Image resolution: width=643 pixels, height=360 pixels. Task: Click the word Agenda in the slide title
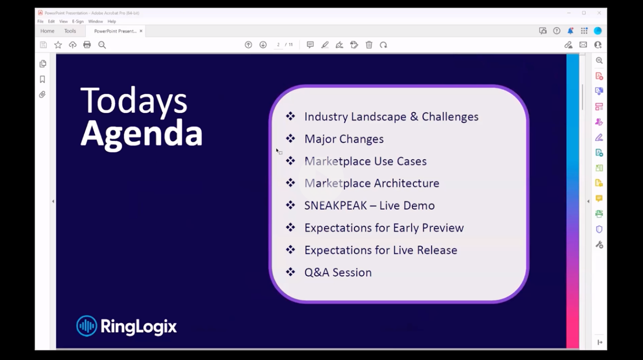click(141, 133)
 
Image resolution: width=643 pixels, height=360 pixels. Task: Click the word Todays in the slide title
click(134, 101)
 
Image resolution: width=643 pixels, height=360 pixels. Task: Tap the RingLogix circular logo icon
click(86, 326)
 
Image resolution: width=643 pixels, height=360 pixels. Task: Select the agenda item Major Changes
click(344, 139)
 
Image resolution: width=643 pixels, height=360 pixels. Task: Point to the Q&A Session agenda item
click(338, 273)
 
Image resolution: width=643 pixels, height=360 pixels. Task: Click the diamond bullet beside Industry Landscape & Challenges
click(290, 116)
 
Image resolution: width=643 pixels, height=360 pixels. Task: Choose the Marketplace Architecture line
click(371, 183)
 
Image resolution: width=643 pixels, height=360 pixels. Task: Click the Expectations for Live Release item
click(380, 250)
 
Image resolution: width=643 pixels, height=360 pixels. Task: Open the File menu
click(40, 21)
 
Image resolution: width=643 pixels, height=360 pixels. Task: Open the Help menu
click(111, 21)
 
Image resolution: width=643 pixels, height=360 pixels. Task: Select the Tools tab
click(70, 31)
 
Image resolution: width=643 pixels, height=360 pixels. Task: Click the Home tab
click(47, 31)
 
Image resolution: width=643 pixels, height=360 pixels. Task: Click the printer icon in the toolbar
click(87, 45)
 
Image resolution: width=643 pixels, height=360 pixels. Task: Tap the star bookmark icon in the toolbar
click(58, 45)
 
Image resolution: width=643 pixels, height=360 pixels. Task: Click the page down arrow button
click(263, 45)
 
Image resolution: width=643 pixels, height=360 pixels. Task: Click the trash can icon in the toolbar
click(369, 45)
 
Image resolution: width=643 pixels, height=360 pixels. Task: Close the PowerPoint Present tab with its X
click(141, 31)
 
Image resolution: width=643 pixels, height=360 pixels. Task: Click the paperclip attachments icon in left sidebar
click(43, 95)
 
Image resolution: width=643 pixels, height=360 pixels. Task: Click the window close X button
click(599, 13)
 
